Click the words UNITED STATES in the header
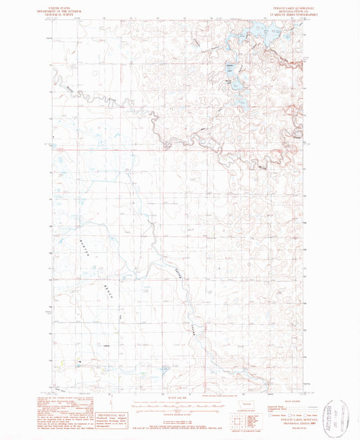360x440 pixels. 70,3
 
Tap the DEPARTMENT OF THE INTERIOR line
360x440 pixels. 70,7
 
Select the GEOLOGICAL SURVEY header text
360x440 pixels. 70,11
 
